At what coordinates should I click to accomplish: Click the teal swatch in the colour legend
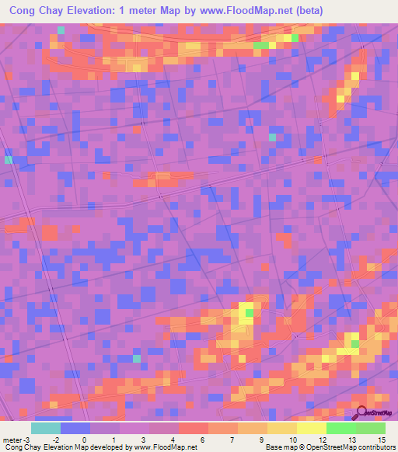coord(46,428)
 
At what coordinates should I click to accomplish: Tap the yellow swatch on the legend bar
coord(311,428)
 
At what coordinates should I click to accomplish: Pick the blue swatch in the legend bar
coord(75,428)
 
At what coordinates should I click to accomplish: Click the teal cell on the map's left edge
coord(9,160)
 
